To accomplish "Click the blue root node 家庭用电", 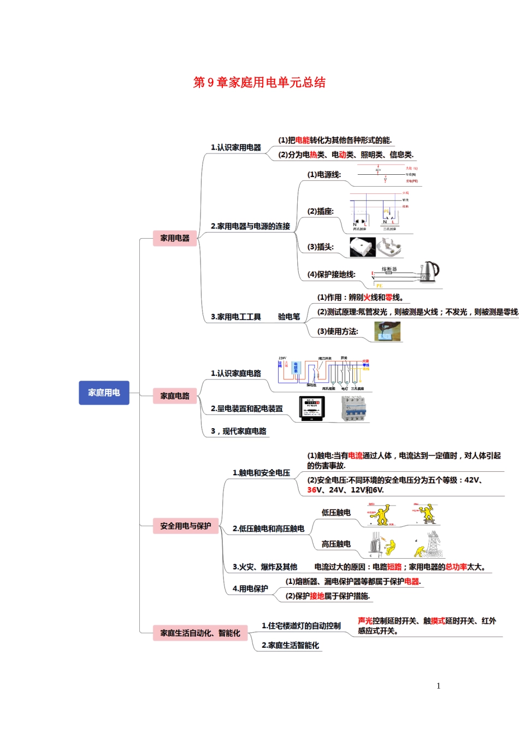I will (104, 393).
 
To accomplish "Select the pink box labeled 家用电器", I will (175, 238).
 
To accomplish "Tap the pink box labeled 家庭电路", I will (175, 396).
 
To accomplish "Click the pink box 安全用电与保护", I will (185, 526).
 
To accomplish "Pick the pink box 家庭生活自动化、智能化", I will (200, 633).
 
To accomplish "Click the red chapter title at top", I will (259, 82).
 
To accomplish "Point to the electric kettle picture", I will (429, 271).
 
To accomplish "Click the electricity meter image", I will (312, 409).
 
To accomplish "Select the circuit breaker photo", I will (353, 409).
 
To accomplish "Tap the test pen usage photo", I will (387, 332).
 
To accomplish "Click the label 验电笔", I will (289, 317).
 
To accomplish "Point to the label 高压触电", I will (336, 544).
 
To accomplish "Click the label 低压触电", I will (336, 512).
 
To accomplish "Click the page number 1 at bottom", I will (438, 686).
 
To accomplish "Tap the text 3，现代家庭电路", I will (239, 431).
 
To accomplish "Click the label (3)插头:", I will (320, 247).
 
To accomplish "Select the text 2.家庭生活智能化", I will (290, 646).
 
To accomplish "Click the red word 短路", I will (394, 567).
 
